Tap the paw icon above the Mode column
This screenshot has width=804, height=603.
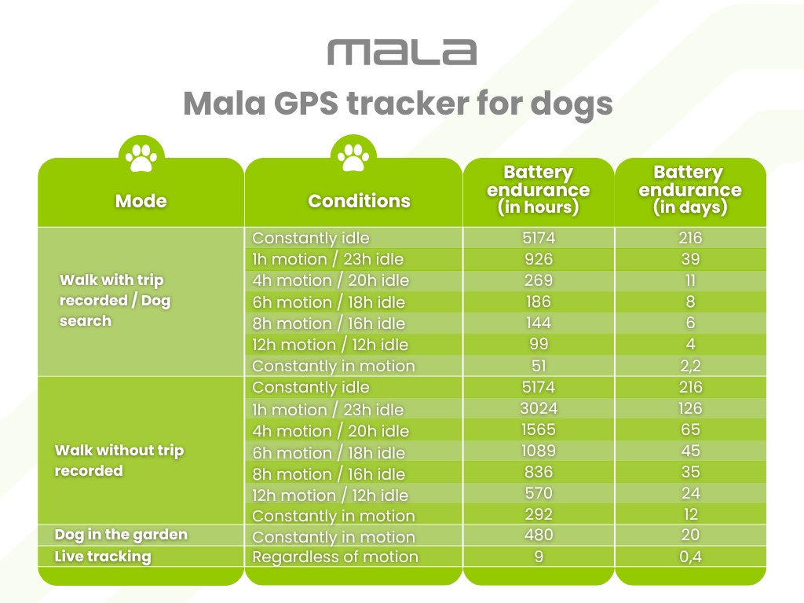(141, 156)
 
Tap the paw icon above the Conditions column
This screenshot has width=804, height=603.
(353, 155)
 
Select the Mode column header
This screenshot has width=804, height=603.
(141, 201)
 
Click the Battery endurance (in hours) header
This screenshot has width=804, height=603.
(538, 190)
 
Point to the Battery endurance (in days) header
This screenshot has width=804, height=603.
(689, 190)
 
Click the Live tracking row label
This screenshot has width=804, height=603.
(102, 557)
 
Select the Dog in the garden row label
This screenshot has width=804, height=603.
(121, 535)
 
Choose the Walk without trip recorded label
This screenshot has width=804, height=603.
(119, 460)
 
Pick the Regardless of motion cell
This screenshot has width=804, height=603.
(335, 557)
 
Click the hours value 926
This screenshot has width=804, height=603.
(538, 259)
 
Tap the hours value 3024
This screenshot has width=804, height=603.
(538, 409)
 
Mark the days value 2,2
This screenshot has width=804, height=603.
(690, 366)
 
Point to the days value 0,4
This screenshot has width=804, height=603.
(690, 557)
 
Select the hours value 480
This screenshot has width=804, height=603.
(538, 535)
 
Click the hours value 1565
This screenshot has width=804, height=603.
(538, 430)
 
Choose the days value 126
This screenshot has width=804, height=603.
(690, 409)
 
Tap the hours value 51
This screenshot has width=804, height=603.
(538, 366)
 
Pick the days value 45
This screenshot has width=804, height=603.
(690, 451)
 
